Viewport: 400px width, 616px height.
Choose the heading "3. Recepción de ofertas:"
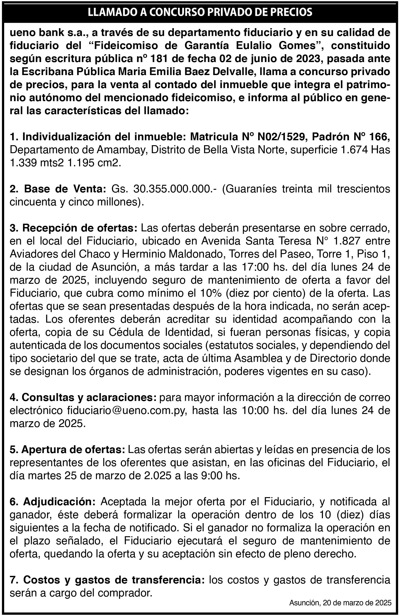[x=73, y=228]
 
